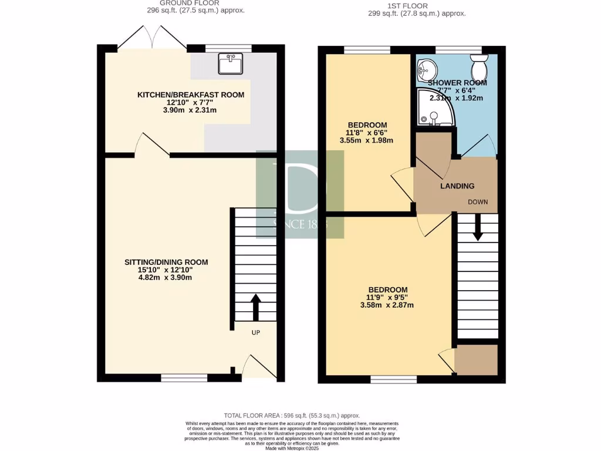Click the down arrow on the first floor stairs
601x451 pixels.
[477, 228]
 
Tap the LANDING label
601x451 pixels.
[457, 186]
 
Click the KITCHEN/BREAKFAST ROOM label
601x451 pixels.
[191, 95]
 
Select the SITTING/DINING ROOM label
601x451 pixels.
[166, 262]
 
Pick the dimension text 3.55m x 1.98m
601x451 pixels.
[367, 140]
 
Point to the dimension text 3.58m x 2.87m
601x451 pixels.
[387, 305]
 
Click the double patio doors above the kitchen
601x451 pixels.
[153, 38]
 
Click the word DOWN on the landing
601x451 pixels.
[478, 202]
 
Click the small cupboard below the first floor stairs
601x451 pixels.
[476, 359]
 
